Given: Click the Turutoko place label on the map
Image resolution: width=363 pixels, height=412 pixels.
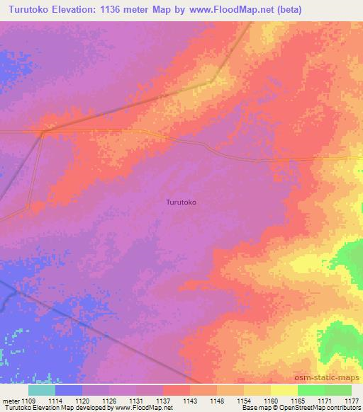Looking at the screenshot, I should pos(181,202).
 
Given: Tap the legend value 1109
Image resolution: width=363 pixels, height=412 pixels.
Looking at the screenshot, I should pos(28,400).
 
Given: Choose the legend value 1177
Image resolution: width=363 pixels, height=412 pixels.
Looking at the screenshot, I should pos(352,400).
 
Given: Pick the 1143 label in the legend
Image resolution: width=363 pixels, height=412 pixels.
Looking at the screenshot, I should pos(190,400).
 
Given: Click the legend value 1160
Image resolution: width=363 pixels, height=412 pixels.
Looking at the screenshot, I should pos(271,400).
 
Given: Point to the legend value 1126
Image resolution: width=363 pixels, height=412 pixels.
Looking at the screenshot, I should pos(109,400).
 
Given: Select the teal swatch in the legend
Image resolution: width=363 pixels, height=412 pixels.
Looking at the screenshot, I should pos(42,390).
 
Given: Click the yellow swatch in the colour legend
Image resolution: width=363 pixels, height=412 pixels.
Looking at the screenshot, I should pos(284,390).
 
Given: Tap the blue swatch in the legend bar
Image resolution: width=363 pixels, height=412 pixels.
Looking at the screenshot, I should pos(69,390).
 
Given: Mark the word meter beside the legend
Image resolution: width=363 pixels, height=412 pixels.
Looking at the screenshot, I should pos(10,400).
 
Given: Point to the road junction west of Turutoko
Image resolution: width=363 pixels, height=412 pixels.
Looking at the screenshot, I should pos(43,131).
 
